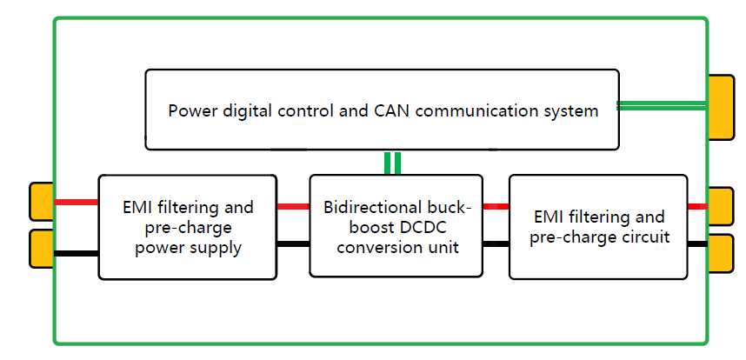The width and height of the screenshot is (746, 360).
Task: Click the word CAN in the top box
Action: (x=391, y=111)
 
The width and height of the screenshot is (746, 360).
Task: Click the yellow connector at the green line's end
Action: (x=721, y=107)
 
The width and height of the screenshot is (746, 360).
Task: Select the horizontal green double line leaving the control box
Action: (x=661, y=106)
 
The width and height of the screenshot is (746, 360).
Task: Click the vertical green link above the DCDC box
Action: (x=393, y=163)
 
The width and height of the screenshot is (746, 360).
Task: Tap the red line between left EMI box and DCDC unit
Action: (x=293, y=207)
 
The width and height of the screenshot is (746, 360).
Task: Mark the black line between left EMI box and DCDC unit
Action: (x=293, y=243)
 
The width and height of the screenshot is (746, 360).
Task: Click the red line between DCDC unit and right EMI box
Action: (x=496, y=207)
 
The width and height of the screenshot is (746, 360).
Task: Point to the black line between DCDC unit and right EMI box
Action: (x=496, y=243)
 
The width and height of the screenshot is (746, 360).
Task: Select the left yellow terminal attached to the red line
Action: (x=42, y=201)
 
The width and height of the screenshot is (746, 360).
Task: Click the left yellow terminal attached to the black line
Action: (x=42, y=249)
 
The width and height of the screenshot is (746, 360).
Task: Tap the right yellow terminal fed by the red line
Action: (x=721, y=206)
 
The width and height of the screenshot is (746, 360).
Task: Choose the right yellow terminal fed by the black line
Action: (x=721, y=251)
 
